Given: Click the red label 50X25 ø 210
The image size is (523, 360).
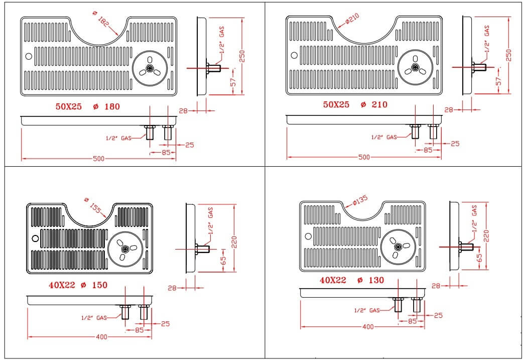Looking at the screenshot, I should [355, 104].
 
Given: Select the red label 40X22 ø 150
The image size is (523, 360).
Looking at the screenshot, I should [78, 285].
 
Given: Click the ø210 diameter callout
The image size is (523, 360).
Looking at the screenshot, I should [352, 20].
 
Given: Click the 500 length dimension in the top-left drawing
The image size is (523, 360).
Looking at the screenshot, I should [98, 159].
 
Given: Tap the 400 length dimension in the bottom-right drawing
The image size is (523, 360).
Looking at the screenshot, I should [368, 327].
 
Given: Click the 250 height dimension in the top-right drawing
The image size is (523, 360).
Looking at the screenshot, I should [508, 55].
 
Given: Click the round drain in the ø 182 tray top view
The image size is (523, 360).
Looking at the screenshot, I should [150, 67].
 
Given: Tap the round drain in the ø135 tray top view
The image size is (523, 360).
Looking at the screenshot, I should [398, 247].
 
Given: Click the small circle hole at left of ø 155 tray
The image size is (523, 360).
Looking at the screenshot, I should [35, 238].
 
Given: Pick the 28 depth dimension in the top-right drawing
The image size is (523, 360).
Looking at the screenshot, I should [449, 109].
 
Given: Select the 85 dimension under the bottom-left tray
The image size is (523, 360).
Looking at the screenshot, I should [139, 330].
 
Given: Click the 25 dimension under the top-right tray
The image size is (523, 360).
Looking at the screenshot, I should [455, 144].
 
